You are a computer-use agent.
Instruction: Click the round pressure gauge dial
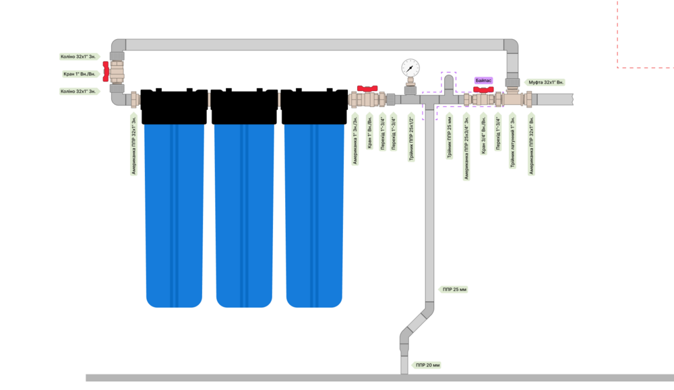point(410,67)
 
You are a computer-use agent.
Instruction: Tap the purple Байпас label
point(483,79)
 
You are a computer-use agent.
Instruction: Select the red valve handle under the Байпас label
point(483,88)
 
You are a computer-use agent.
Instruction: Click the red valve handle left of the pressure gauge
point(367,88)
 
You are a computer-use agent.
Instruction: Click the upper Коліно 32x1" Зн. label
point(78,57)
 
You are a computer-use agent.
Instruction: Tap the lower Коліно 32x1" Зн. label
point(78,91)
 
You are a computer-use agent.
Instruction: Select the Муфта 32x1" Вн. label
point(545,82)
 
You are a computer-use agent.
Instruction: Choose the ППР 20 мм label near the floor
point(427,365)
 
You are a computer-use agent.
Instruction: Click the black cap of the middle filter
point(244,106)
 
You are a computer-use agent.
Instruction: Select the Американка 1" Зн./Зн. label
point(355,140)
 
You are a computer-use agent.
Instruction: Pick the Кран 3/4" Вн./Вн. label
point(483,135)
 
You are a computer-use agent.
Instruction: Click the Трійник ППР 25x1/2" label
point(410,139)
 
